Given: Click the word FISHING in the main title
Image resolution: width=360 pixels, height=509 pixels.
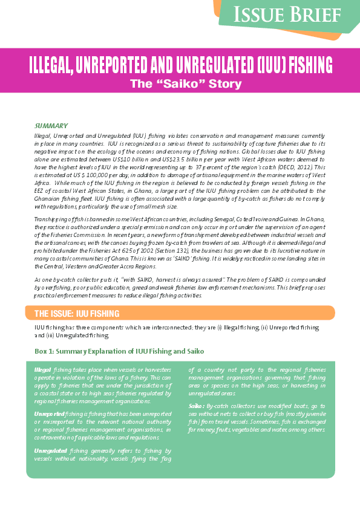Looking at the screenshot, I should (299, 65).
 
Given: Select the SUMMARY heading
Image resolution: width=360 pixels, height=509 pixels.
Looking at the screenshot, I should (51, 125).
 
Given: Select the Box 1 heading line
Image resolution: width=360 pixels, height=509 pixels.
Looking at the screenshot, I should (119, 351).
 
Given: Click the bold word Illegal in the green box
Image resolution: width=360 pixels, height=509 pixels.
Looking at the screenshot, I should (43, 369).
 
